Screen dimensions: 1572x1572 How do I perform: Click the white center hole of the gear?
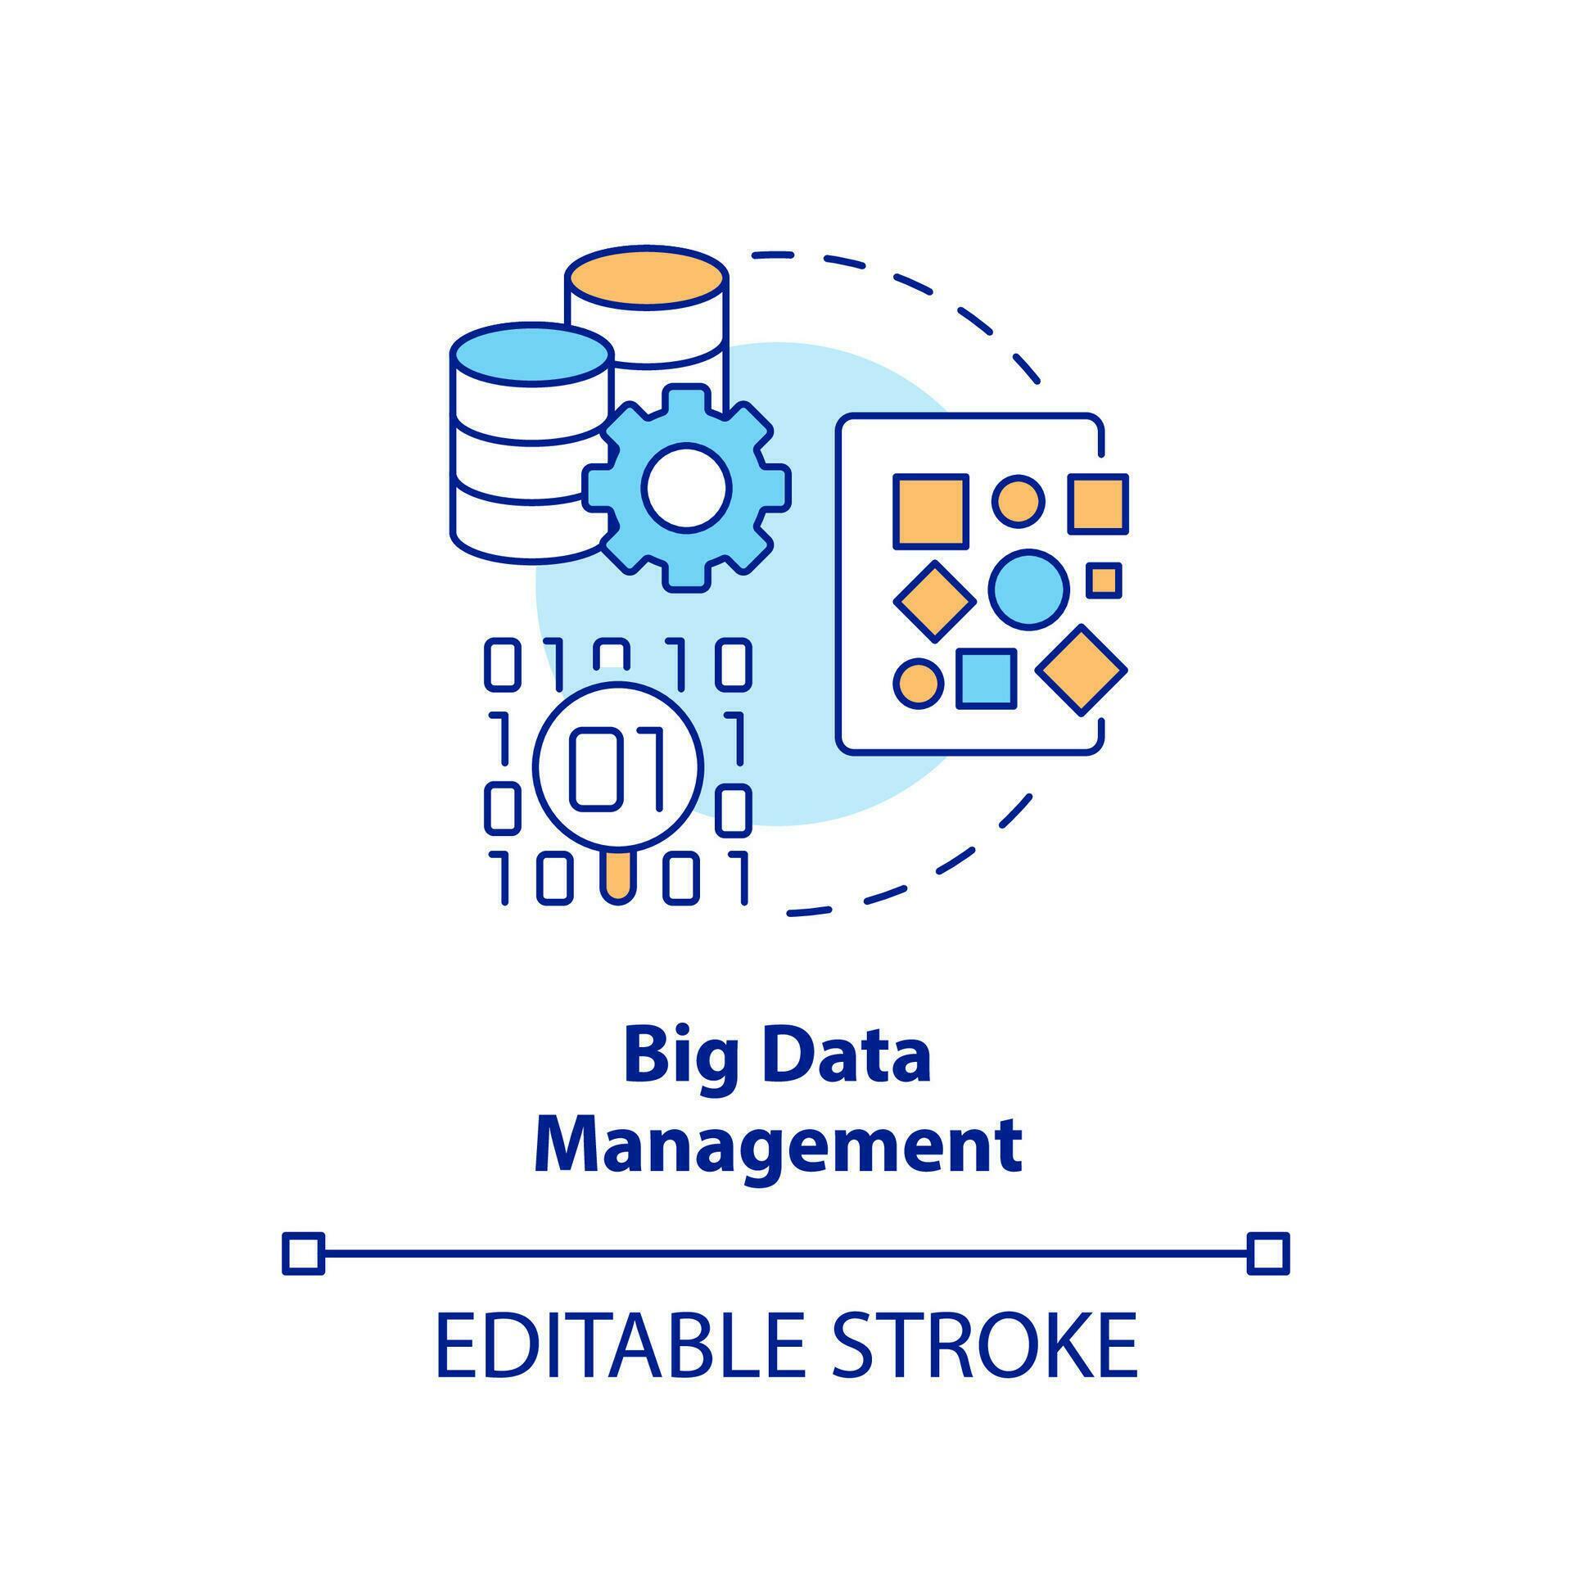[686, 486]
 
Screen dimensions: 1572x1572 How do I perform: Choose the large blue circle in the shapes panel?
[1028, 589]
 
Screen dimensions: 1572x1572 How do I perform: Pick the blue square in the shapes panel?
[987, 678]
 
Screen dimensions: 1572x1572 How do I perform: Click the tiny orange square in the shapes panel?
[1104, 580]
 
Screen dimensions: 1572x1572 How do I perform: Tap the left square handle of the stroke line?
[303, 1254]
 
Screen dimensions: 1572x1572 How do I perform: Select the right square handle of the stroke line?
[1268, 1254]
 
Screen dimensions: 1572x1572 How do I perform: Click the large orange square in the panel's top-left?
[931, 510]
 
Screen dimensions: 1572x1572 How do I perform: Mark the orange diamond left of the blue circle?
[934, 601]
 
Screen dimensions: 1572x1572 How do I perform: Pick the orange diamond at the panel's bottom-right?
[1082, 670]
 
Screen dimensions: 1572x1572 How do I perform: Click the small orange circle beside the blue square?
[918, 683]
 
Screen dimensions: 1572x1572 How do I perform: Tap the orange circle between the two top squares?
[1018, 499]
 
